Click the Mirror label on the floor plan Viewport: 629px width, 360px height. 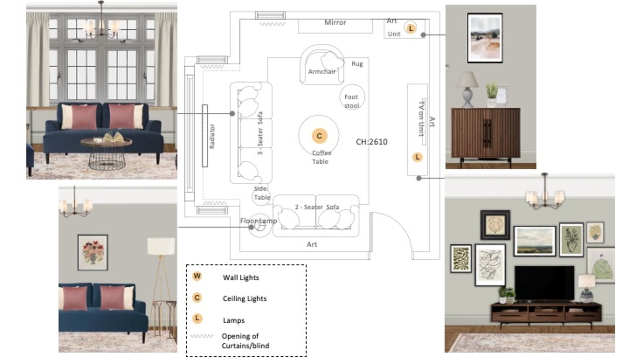(335, 23)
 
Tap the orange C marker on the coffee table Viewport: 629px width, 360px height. (319, 136)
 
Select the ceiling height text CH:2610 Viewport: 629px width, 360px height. (371, 142)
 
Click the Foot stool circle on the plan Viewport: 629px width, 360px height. (352, 97)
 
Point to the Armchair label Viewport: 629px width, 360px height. (322, 72)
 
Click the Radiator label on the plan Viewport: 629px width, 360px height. (212, 136)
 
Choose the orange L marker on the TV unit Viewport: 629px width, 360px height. (417, 157)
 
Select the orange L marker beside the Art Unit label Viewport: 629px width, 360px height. (411, 28)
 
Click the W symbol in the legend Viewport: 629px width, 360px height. (197, 276)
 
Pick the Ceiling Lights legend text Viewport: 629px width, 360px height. (245, 299)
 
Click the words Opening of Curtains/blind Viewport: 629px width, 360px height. (245, 341)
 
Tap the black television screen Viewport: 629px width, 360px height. (545, 283)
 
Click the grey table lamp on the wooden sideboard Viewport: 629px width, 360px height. (467, 89)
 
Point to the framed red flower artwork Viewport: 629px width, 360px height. (93, 252)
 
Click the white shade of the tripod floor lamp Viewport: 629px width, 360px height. (161, 246)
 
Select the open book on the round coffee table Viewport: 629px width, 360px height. (114, 138)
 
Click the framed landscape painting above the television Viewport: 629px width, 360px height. (535, 241)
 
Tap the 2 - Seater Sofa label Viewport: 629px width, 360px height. (317, 207)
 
